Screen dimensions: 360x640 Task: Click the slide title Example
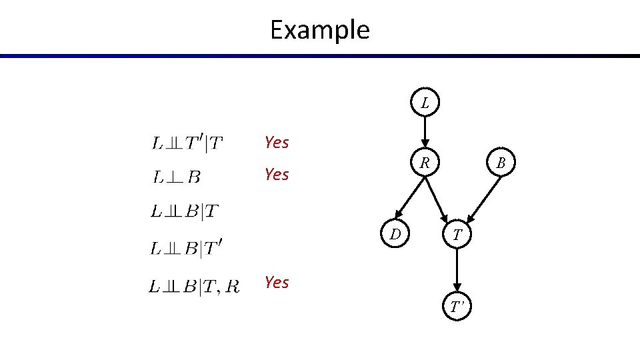[x=319, y=30]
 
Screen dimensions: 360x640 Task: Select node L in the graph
[x=425, y=103]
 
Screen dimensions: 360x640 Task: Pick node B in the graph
[x=501, y=163]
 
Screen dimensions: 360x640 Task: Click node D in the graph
[x=395, y=234]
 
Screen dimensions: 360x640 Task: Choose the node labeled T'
[x=457, y=307]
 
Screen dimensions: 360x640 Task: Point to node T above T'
[x=457, y=234]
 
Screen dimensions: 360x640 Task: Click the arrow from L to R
[x=425, y=133]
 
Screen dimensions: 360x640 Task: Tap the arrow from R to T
[x=440, y=199]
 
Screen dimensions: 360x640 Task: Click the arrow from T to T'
[x=457, y=270]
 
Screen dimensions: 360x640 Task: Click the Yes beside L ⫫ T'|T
[x=277, y=142]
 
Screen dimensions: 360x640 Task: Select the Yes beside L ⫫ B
[x=277, y=175]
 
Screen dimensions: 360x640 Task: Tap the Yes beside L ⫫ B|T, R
[x=277, y=283]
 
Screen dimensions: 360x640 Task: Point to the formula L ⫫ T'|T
[x=188, y=143]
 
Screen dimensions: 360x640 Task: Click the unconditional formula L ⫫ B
[x=177, y=177]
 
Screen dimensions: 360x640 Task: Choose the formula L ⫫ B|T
[x=184, y=212]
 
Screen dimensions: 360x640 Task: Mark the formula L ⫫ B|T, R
[x=193, y=287]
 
